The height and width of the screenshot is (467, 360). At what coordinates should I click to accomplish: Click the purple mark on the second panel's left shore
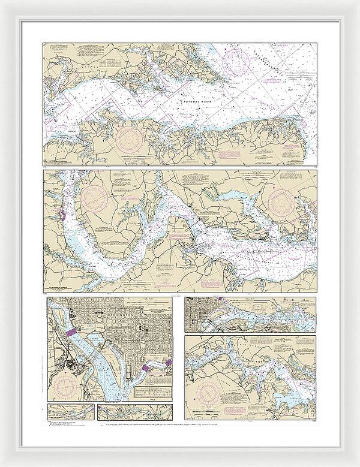[x=62, y=213]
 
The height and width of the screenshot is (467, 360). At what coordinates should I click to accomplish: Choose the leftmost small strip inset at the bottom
[x=70, y=412]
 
